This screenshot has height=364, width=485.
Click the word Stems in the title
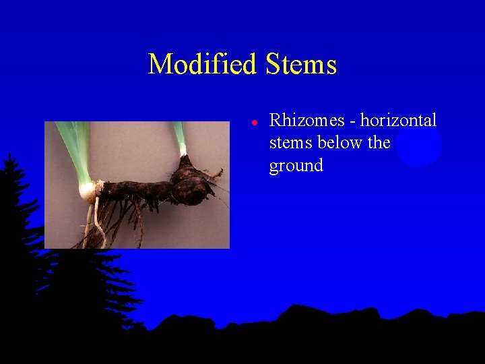pyautogui.click(x=301, y=65)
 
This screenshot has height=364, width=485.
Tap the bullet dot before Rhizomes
pyautogui.click(x=255, y=123)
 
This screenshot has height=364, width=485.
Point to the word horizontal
pyautogui.click(x=398, y=121)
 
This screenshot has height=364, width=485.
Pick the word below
pyautogui.click(x=338, y=143)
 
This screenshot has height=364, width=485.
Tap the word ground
pyautogui.click(x=296, y=166)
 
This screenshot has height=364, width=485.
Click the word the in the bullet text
pyautogui.click(x=379, y=143)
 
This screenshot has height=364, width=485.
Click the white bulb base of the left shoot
pyautogui.click(x=88, y=191)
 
